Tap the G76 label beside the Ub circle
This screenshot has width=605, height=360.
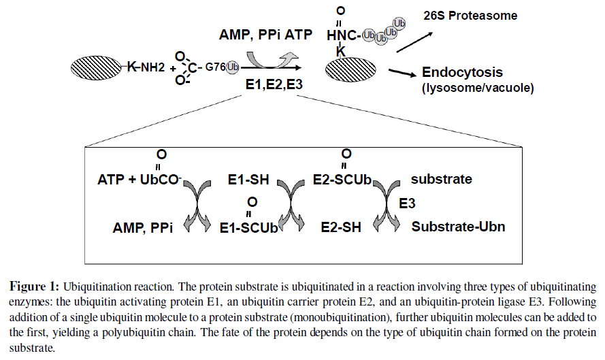click(x=215, y=67)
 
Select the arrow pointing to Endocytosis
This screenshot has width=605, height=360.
click(x=402, y=71)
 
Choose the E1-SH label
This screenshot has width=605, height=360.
click(x=248, y=181)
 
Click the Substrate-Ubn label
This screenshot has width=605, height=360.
click(x=459, y=227)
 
